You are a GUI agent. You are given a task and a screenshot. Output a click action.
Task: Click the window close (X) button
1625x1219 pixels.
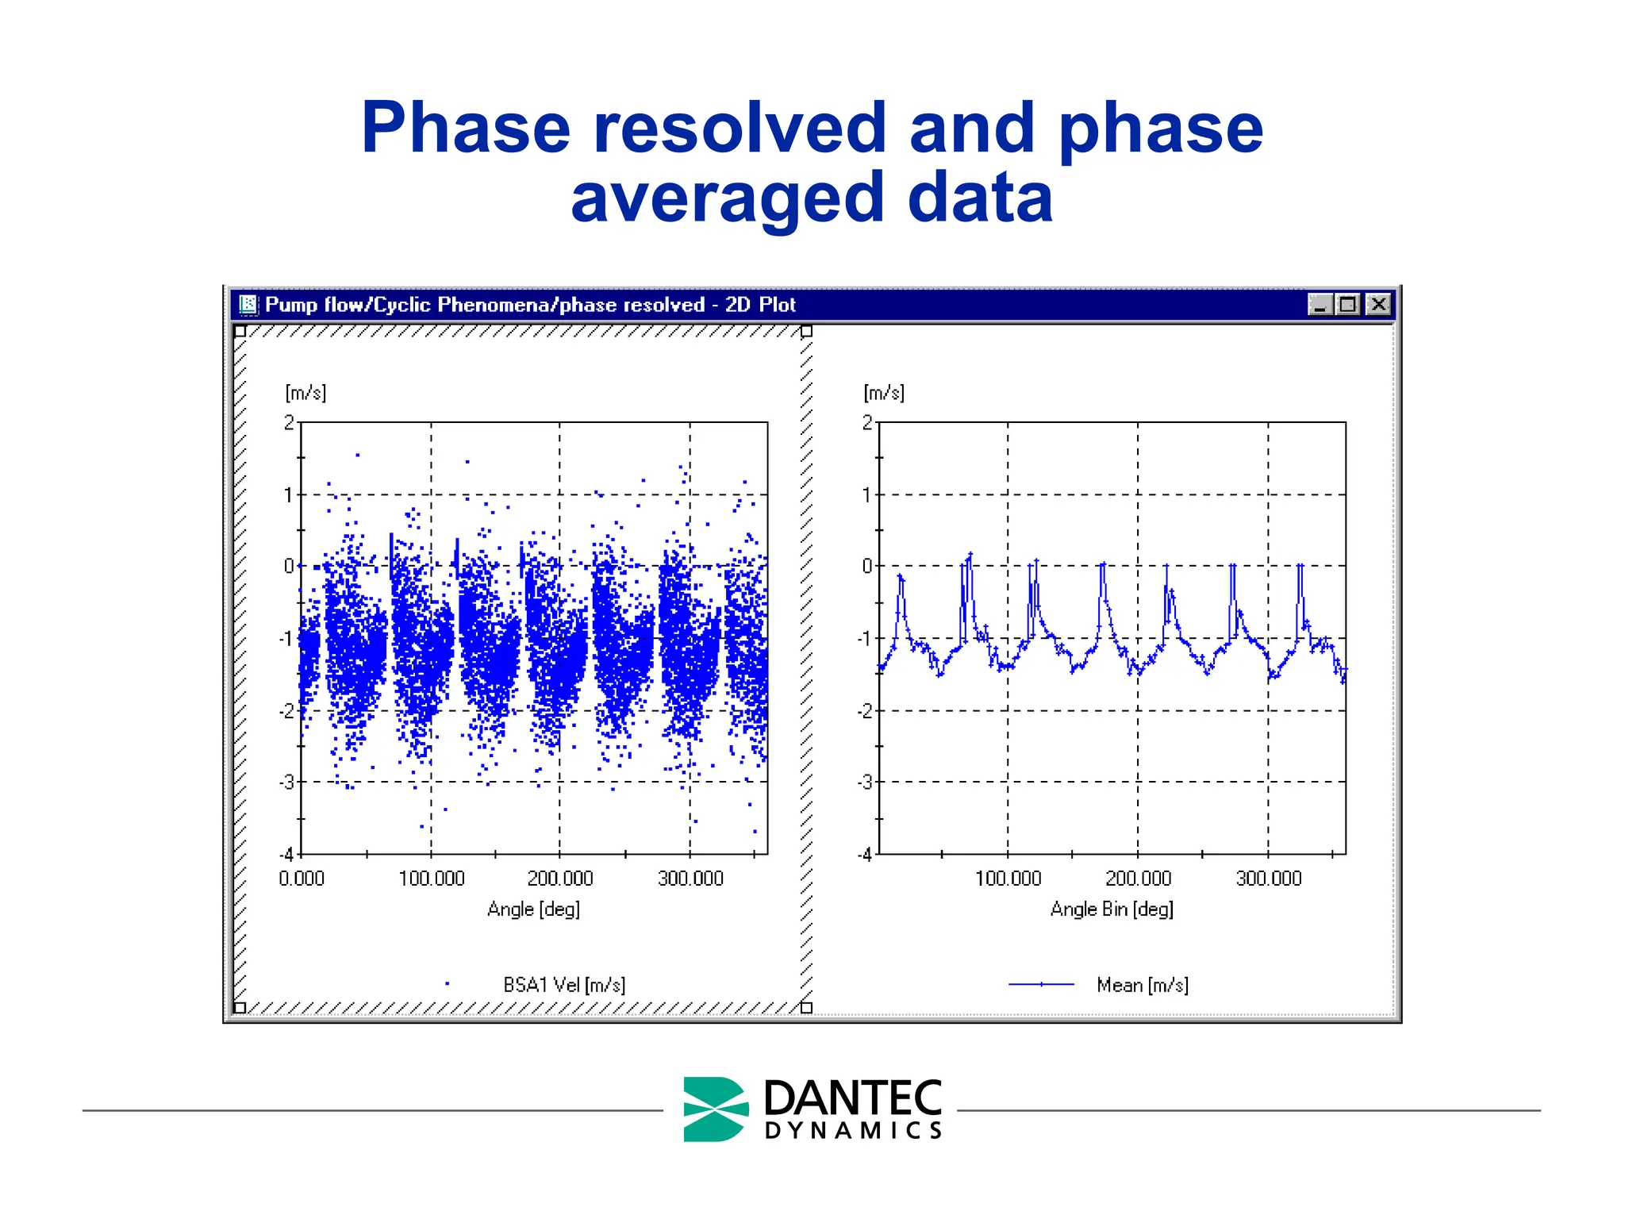(x=1379, y=304)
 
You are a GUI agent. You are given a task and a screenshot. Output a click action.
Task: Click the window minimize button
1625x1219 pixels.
(x=1320, y=304)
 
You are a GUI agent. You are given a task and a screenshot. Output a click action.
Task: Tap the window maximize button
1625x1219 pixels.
(x=1348, y=304)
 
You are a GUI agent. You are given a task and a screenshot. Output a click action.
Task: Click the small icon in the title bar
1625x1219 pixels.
(x=248, y=304)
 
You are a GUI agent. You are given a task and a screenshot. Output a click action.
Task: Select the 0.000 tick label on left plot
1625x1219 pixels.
(x=302, y=879)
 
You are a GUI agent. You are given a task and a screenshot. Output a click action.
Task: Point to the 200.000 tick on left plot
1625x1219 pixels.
(x=560, y=879)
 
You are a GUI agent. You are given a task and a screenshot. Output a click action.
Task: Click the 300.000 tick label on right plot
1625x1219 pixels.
(x=1269, y=879)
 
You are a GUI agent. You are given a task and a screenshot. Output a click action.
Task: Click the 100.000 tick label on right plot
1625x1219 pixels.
(x=1008, y=879)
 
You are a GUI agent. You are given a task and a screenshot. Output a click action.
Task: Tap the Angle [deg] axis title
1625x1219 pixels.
(x=534, y=909)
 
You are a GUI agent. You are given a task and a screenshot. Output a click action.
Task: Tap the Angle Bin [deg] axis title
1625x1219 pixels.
(x=1112, y=909)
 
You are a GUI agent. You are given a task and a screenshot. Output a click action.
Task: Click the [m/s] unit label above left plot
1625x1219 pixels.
(x=305, y=393)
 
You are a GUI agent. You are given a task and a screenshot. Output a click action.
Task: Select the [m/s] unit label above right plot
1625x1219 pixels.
(x=884, y=393)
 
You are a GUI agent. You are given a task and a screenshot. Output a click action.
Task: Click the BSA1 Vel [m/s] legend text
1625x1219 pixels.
(x=564, y=985)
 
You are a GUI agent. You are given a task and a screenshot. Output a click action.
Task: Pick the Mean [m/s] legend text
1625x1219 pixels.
(x=1143, y=985)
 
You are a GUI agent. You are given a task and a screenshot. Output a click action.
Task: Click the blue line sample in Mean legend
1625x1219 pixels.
(x=1041, y=985)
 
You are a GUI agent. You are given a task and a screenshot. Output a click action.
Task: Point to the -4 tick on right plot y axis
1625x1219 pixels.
(x=865, y=856)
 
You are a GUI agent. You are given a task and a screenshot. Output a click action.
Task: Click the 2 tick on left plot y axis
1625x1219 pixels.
(x=290, y=423)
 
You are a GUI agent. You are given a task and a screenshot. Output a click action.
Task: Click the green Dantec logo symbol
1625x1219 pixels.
(x=715, y=1109)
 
